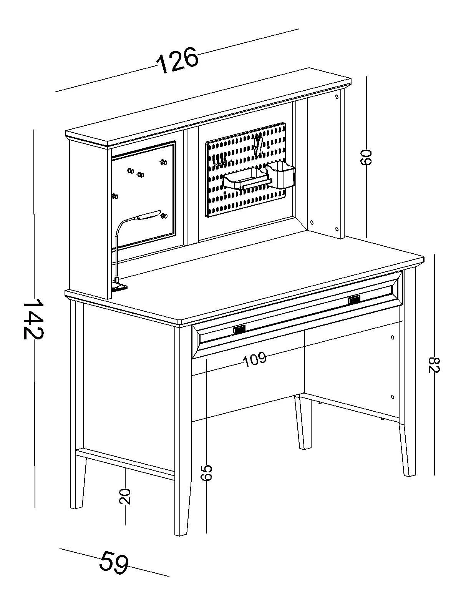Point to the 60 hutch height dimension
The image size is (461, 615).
[x=366, y=157]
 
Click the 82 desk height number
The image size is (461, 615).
[x=434, y=364]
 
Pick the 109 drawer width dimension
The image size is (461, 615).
[x=255, y=359]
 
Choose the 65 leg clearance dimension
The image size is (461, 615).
[x=206, y=472]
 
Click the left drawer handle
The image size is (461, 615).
[x=239, y=329]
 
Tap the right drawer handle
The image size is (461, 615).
[x=354, y=299]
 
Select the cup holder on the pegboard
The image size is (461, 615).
[x=281, y=175]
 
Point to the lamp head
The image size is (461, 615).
[x=149, y=215]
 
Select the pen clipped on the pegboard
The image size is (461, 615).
[x=259, y=145]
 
